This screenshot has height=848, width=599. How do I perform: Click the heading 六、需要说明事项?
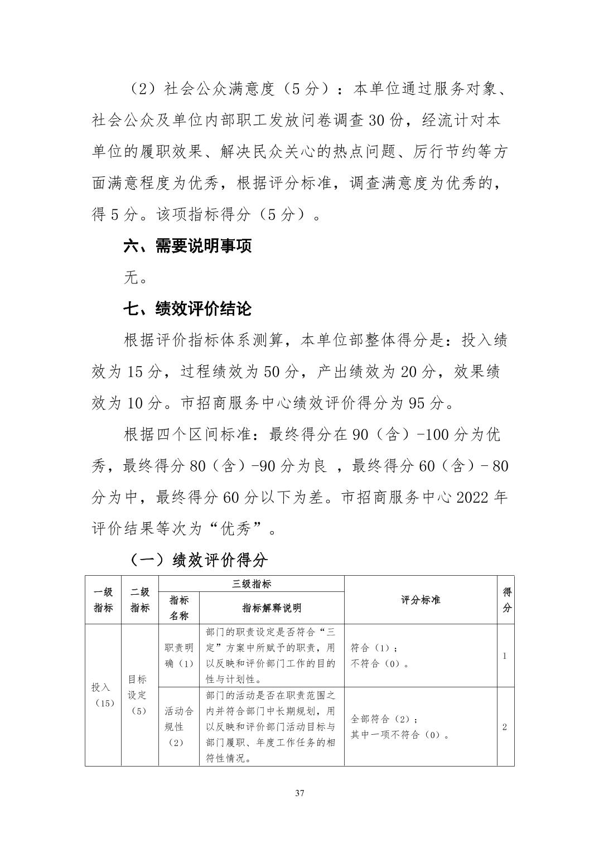187,246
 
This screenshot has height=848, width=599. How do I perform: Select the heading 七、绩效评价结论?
187,309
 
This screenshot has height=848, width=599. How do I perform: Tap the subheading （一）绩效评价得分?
199,560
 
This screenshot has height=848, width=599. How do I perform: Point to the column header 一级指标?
103,600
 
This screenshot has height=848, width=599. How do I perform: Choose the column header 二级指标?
140,600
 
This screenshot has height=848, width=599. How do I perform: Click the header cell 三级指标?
252,584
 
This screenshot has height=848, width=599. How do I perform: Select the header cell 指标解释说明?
272,608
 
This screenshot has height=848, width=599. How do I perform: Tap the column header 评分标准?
421,600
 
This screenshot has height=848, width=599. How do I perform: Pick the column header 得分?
506,600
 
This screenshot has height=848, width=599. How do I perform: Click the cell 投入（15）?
103,695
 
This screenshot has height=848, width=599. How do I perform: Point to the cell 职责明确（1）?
179,656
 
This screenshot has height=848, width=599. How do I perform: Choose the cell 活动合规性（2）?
179,727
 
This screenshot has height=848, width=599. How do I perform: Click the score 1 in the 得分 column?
505,656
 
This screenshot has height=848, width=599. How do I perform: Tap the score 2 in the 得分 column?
505,727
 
